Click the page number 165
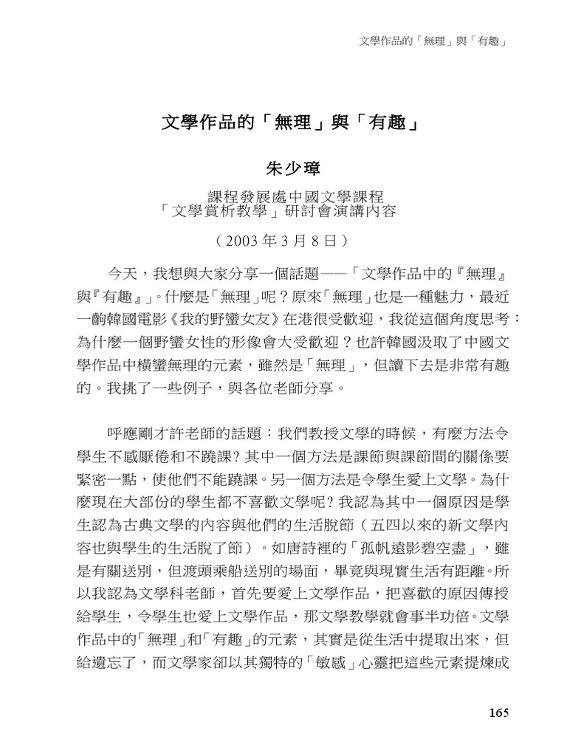click(499, 713)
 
